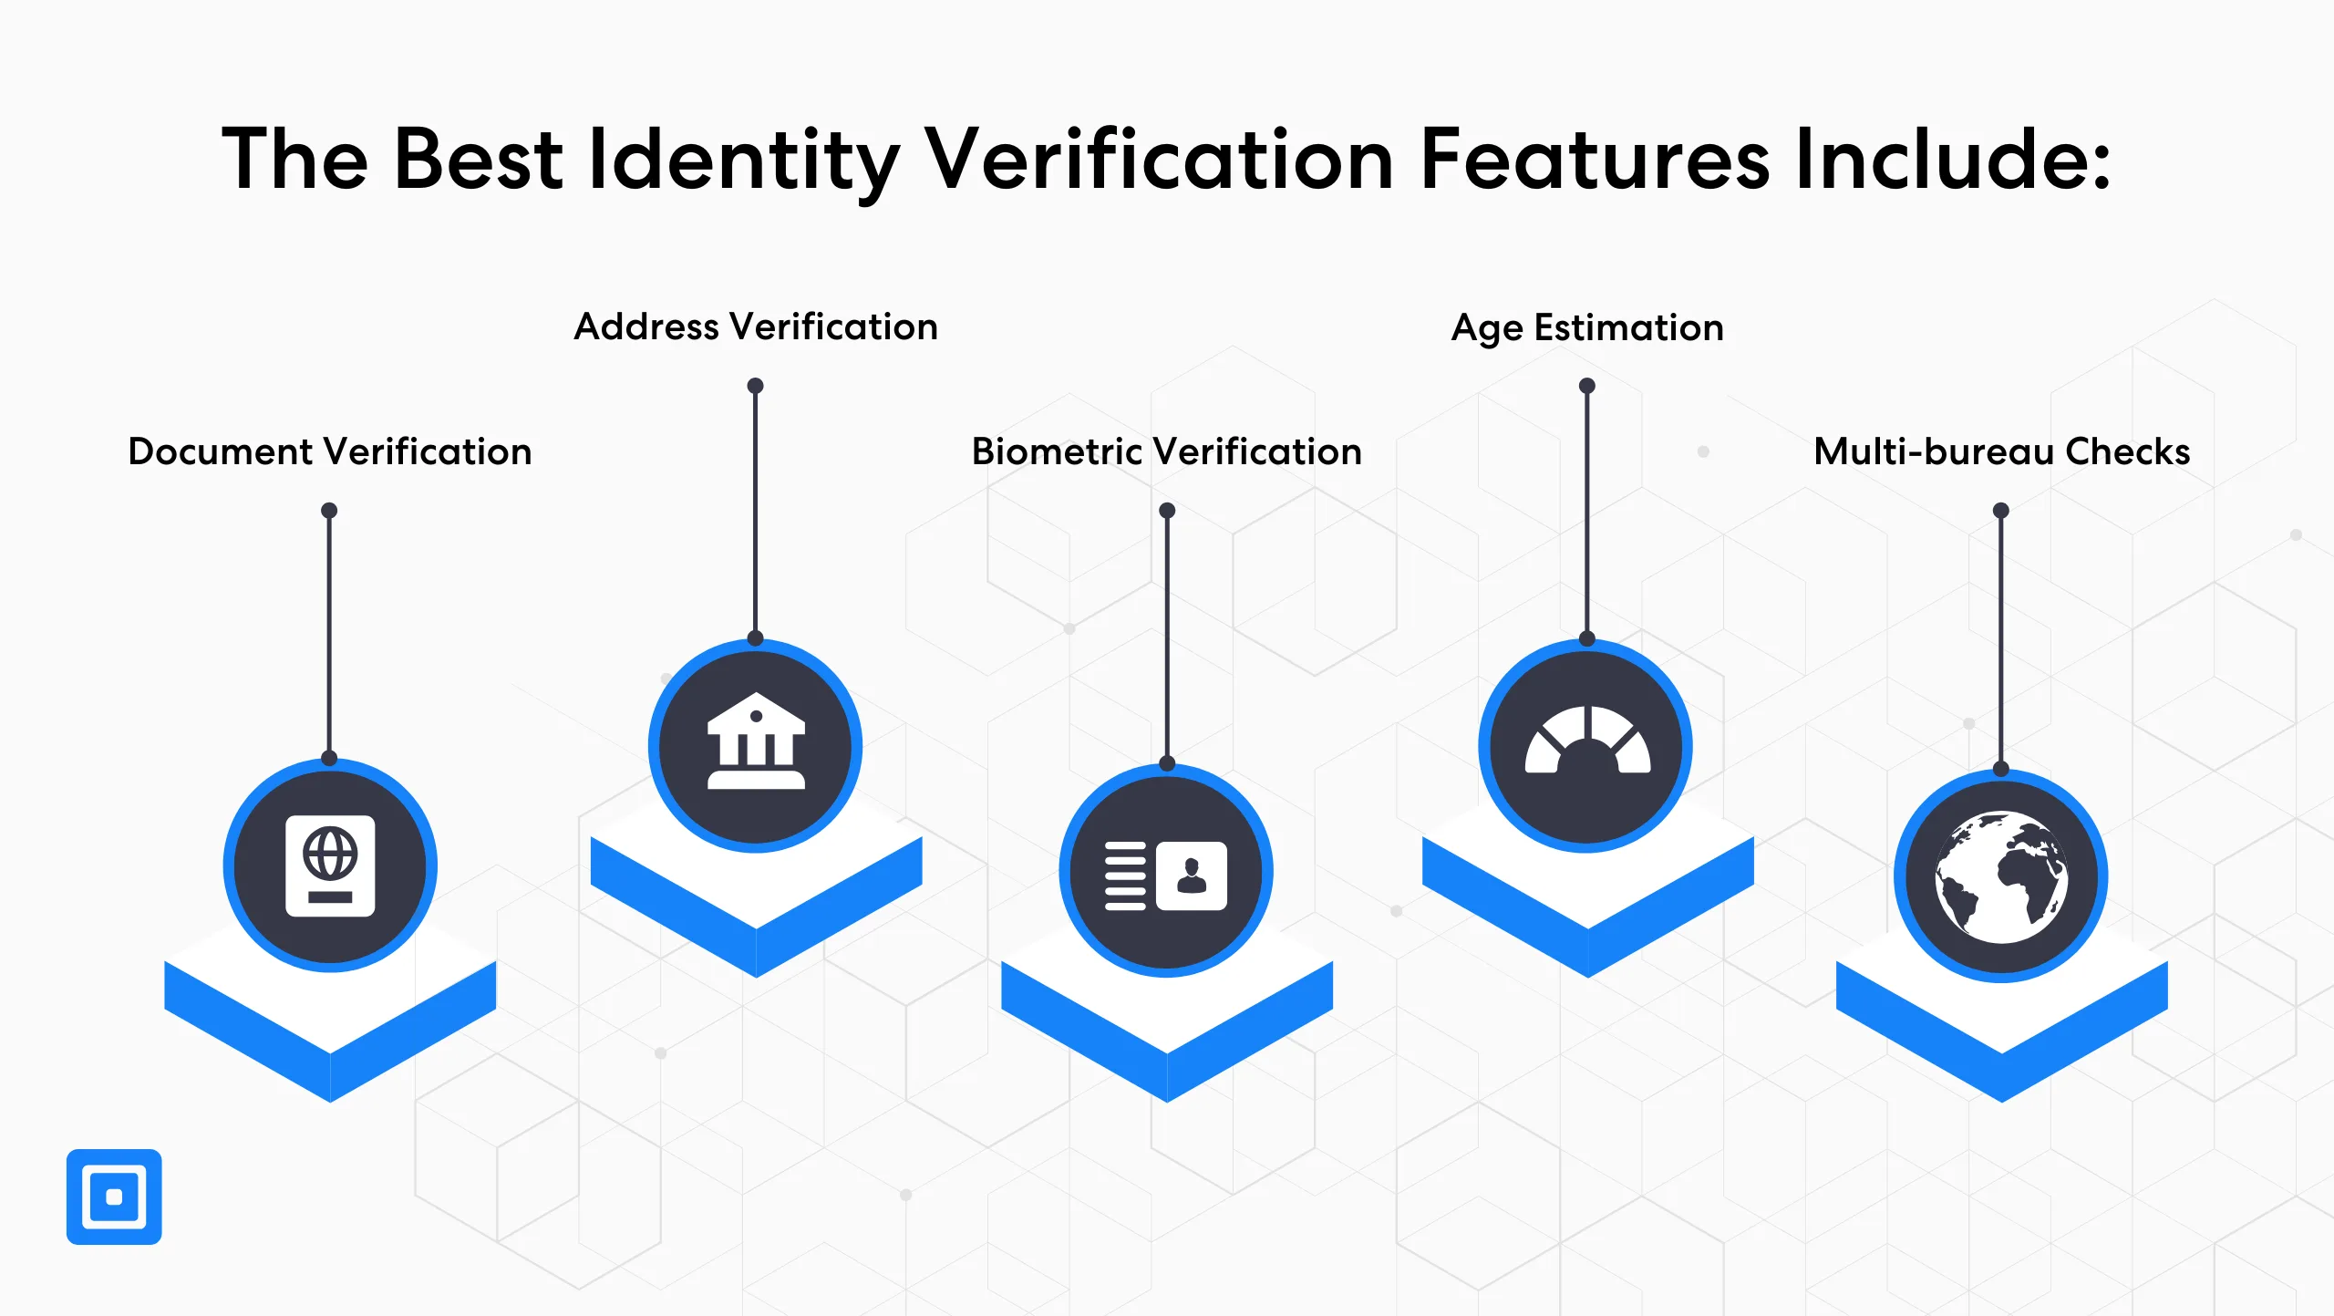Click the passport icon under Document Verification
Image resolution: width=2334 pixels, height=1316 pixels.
coord(330,865)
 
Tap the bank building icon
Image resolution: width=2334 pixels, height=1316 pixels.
coord(756,740)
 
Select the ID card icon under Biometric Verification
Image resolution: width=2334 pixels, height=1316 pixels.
coord(1166,876)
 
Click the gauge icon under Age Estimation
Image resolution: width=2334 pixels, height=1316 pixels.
coord(1587,740)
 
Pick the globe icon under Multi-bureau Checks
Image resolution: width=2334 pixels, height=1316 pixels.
coord(2001,876)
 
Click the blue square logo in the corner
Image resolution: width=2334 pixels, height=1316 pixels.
coord(114,1197)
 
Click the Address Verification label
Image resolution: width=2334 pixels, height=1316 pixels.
coord(756,326)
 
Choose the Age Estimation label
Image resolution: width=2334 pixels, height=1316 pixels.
coord(1587,328)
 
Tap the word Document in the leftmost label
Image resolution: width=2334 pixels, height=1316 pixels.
coord(222,451)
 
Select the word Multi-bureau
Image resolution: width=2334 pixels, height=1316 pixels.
coord(1934,451)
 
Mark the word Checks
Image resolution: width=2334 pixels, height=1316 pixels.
coord(2127,451)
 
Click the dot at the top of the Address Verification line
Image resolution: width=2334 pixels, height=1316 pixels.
coord(755,386)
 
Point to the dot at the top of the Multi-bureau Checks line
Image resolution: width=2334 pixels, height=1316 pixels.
coord(2001,511)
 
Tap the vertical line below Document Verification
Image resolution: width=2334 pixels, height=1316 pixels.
coord(329,635)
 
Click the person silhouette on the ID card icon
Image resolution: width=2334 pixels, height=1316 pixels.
coord(1192,876)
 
